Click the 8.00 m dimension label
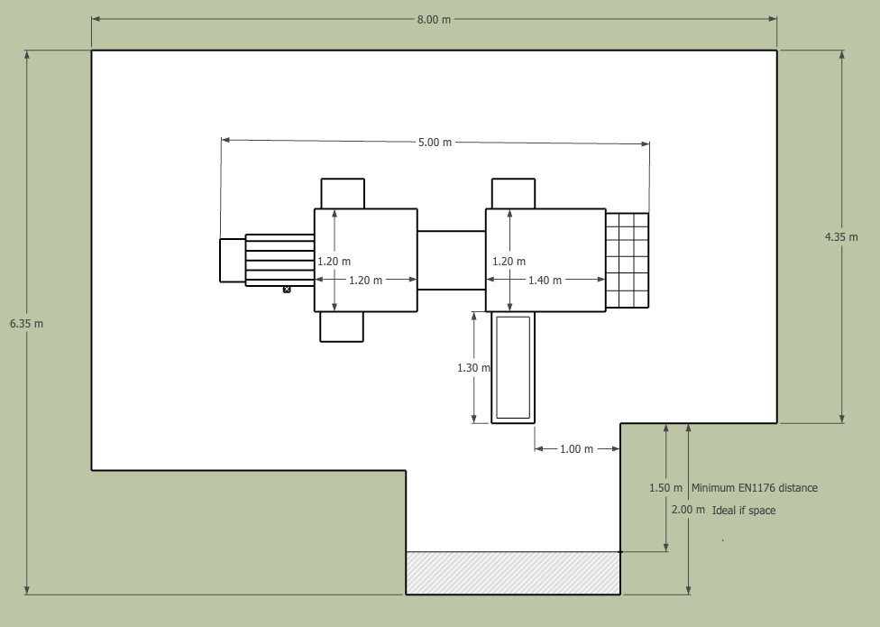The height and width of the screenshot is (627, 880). (x=434, y=20)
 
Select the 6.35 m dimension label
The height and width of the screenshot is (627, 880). (x=26, y=324)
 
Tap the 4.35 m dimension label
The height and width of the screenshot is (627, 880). (x=841, y=237)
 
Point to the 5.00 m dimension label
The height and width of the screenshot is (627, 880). (x=435, y=142)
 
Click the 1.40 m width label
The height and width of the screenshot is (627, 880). (x=545, y=280)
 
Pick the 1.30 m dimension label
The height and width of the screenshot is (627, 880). (x=473, y=368)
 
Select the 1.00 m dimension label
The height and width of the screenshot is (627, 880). (x=576, y=449)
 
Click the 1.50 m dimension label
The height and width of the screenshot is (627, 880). (x=665, y=488)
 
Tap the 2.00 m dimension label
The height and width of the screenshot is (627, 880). (x=688, y=510)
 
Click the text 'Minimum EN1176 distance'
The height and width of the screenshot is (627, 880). (x=755, y=488)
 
